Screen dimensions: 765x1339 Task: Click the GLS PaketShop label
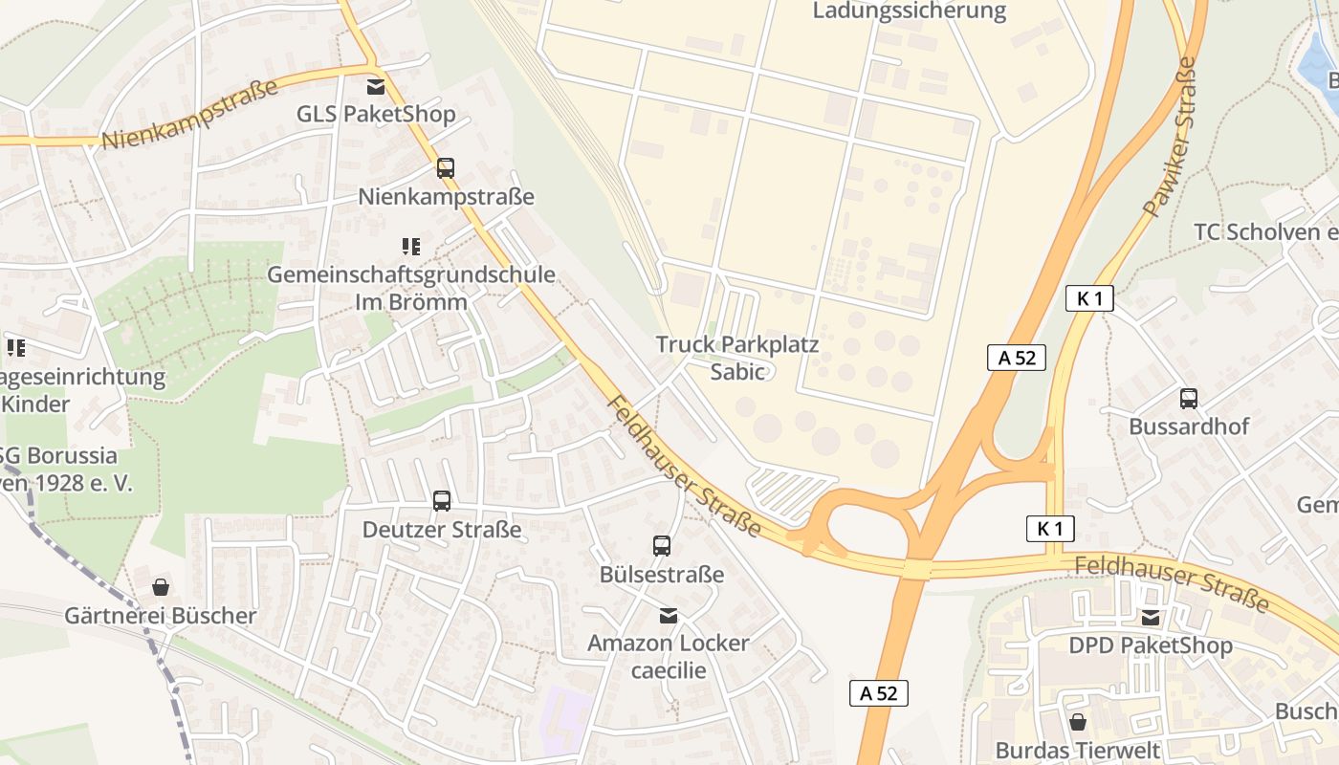coord(376,115)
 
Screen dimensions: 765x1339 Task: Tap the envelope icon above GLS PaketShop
coord(376,87)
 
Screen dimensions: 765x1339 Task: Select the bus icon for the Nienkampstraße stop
coord(446,168)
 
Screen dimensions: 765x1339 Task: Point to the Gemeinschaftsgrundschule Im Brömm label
coord(411,288)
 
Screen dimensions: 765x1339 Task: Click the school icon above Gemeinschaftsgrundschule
coord(411,247)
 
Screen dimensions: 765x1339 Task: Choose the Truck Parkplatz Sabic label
coord(737,358)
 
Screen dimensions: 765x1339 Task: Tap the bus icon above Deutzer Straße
coord(442,500)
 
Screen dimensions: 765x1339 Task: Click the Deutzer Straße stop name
coord(442,529)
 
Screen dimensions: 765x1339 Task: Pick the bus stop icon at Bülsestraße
coord(662,546)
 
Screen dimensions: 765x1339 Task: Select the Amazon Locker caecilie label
coord(669,656)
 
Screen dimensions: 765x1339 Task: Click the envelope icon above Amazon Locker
coord(669,615)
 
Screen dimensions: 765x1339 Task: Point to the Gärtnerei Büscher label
coord(161,616)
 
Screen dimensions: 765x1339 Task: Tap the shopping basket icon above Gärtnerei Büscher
coord(161,587)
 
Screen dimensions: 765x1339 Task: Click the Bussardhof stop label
coord(1189,426)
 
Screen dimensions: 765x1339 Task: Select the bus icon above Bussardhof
coord(1189,398)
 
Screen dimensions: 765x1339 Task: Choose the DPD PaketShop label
coord(1151,646)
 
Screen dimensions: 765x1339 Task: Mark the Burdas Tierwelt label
coord(1078,751)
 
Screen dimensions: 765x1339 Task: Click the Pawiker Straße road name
coord(1170,137)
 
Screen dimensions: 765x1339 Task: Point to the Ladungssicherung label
coord(910,11)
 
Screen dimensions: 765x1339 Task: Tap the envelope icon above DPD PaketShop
coord(1151,618)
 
